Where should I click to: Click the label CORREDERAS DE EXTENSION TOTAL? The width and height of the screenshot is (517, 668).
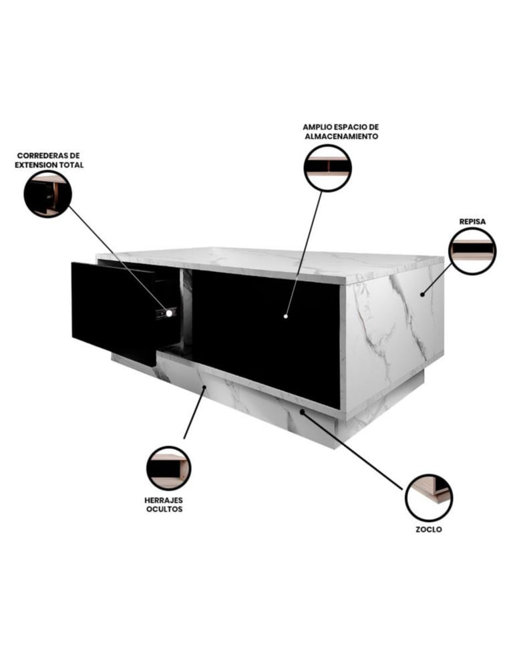[49, 160]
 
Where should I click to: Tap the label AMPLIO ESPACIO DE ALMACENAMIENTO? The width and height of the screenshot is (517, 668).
[341, 132]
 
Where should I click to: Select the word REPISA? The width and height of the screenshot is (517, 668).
[472, 222]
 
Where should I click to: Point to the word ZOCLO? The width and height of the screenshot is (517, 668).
[429, 530]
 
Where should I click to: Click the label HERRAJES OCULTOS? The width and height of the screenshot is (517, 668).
[164, 504]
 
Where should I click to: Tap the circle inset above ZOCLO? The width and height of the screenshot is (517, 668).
[428, 497]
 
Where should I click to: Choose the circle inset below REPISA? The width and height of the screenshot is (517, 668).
[473, 251]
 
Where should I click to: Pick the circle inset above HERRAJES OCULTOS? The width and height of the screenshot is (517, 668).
[168, 468]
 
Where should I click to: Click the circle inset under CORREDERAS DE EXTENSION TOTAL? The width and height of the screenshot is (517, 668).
[47, 194]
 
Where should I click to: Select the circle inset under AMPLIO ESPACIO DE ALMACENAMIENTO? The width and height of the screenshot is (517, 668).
[327, 168]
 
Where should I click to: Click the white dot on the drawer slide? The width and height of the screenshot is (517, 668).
[169, 313]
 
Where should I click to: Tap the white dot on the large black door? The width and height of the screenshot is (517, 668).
[286, 317]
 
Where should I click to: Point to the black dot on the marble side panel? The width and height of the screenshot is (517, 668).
[422, 294]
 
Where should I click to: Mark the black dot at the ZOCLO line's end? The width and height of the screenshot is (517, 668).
[302, 411]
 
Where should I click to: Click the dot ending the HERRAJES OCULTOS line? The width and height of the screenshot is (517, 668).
[204, 387]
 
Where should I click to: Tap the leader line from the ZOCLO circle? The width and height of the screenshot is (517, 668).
[352, 451]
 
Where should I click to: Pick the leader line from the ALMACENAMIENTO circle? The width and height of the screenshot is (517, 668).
[304, 254]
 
